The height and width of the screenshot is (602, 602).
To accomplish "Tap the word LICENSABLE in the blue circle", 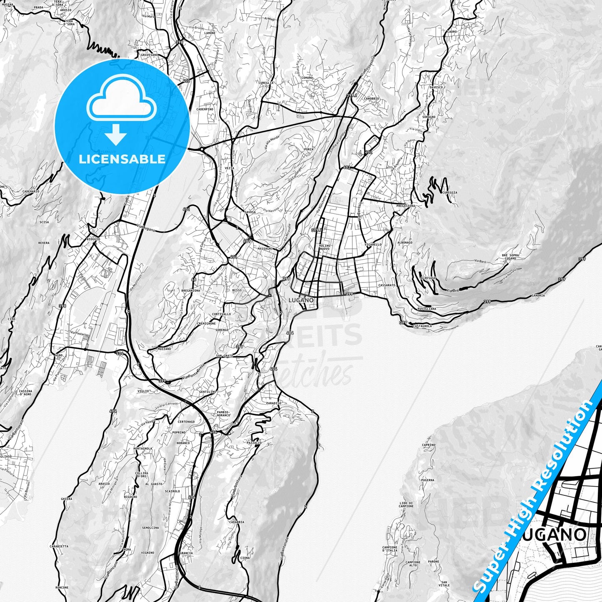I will point(122,159).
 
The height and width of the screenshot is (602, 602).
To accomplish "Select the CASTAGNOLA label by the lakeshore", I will point(423,326).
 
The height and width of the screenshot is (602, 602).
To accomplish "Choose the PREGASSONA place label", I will point(406,206).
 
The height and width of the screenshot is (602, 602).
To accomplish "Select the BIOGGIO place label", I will point(93,239).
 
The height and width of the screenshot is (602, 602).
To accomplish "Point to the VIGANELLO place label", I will point(373,245).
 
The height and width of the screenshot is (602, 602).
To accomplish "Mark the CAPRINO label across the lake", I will point(428,445).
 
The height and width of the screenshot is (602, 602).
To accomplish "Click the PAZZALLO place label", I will point(254,443).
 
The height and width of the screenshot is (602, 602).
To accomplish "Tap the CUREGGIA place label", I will point(450,192).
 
